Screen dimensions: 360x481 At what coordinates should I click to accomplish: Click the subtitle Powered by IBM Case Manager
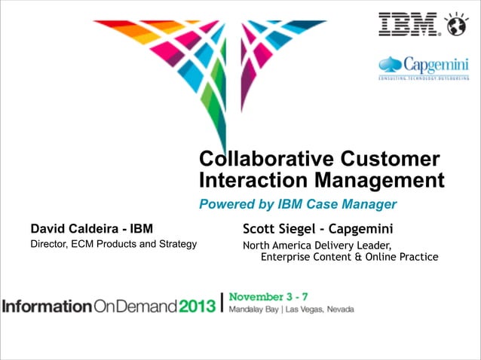[x=297, y=204]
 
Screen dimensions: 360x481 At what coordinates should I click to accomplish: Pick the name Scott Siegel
[x=278, y=228]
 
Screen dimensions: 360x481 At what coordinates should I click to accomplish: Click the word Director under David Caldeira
[x=48, y=244]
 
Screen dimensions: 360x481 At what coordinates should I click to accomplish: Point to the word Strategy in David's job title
[x=179, y=244]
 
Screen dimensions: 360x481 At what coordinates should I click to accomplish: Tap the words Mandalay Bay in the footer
[x=253, y=310]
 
